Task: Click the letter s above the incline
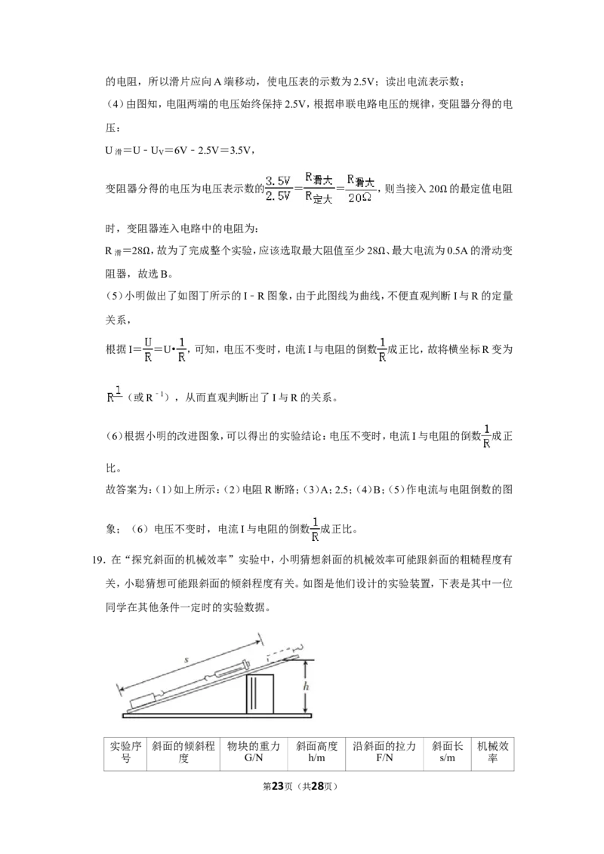coord(186,660)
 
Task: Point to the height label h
coord(306,687)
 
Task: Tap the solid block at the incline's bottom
coord(141,701)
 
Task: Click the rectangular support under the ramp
coord(260,694)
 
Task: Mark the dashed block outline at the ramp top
coord(283,653)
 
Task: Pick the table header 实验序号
coord(125,751)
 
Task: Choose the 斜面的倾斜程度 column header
coord(183,751)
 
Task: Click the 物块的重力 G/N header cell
coord(254,751)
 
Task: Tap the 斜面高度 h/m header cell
coord(316,751)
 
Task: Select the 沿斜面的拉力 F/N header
coord(384,751)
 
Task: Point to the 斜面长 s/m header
coord(447,751)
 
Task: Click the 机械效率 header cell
coord(493,751)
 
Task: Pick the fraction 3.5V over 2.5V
coord(278,189)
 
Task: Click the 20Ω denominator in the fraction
coord(359,198)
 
